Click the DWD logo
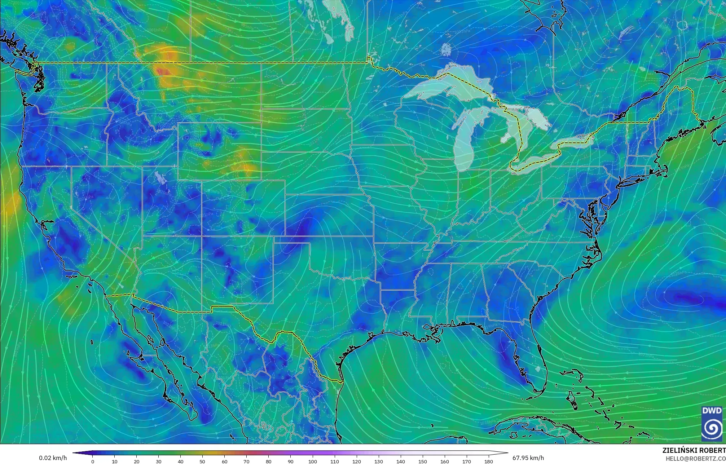(712, 423)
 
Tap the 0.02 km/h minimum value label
(53, 458)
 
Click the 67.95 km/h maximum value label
(528, 458)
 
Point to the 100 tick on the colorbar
(312, 461)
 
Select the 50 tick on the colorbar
(202, 461)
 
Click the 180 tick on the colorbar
(488, 461)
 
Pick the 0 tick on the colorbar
(93, 461)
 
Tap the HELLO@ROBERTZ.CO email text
(695, 458)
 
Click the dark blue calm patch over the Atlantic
(685, 299)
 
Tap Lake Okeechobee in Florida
(538, 369)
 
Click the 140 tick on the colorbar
(400, 461)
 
